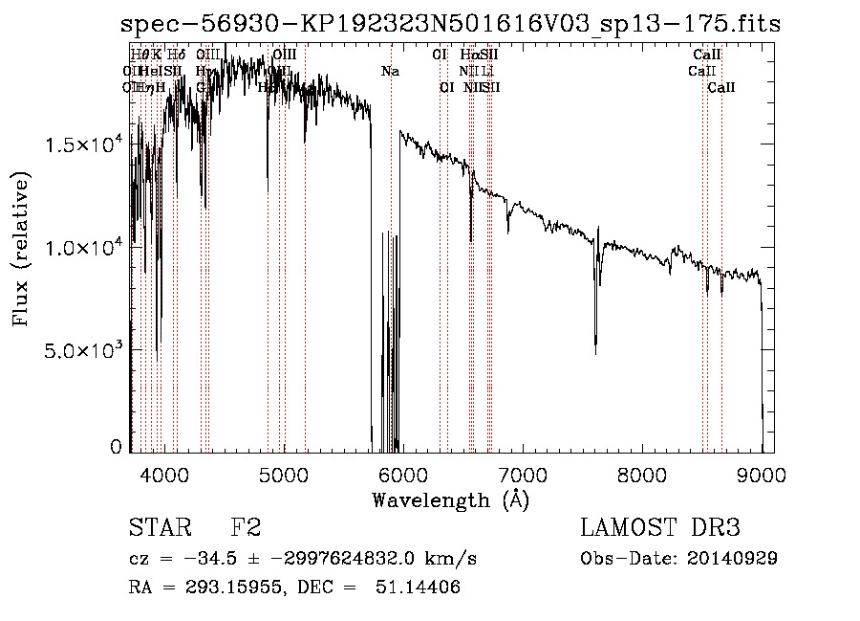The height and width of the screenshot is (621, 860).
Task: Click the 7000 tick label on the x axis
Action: (523, 475)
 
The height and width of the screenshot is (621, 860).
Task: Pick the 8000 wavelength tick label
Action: (642, 475)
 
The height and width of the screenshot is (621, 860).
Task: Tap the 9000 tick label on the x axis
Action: (762, 475)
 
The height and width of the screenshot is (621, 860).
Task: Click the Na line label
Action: (390, 72)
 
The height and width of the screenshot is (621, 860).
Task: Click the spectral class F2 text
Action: (246, 528)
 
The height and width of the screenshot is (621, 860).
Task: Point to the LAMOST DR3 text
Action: (660, 528)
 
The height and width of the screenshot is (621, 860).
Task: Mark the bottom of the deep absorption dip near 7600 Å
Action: (595, 353)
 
